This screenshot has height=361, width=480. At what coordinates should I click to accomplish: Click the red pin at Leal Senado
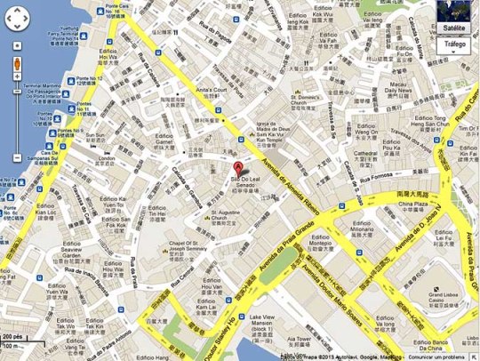(237, 169)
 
